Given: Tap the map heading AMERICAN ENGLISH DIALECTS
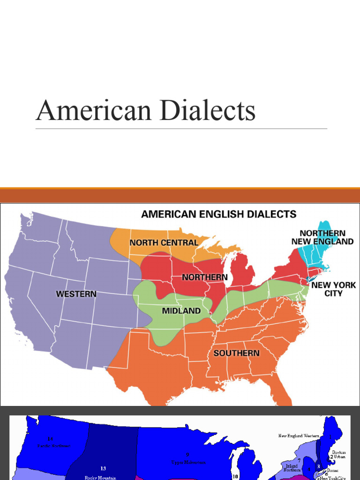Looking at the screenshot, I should (x=219, y=214).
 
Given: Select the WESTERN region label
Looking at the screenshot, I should (x=76, y=294).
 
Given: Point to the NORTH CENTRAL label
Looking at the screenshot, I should (x=164, y=242).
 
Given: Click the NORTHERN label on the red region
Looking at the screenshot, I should (x=205, y=277).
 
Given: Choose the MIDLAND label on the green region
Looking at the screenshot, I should (x=181, y=311).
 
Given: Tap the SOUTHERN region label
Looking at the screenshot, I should (x=236, y=353).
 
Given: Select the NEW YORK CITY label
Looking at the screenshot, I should (x=333, y=289).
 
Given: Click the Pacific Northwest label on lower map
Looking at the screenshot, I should (x=54, y=446).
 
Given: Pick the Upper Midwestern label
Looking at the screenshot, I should (x=187, y=462).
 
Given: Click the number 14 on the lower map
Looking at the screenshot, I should (x=50, y=439).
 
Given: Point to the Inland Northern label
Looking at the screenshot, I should (x=292, y=468).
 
